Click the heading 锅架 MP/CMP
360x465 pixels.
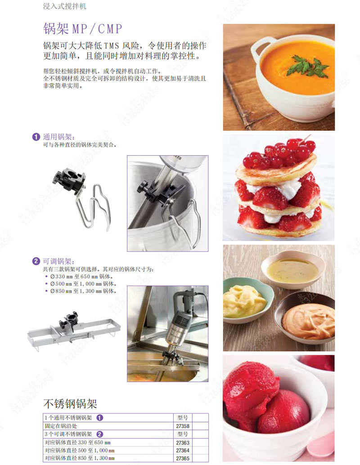(82, 29)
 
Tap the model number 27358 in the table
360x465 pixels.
(183, 426)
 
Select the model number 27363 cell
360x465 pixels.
(183, 443)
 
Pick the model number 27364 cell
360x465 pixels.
(183, 451)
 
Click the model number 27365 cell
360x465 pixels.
(183, 458)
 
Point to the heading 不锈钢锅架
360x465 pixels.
(70, 403)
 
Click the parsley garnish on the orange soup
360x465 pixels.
(308, 67)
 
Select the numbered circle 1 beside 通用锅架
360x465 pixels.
(36, 137)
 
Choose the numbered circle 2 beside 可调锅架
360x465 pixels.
(36, 261)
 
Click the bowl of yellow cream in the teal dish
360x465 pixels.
(245, 300)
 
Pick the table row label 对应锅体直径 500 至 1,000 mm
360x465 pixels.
(79, 451)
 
